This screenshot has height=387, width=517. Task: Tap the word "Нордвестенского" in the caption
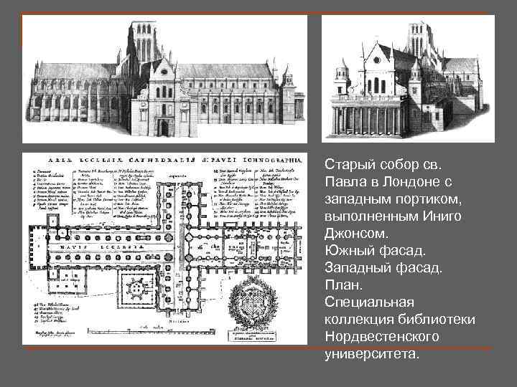[x=381, y=336]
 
